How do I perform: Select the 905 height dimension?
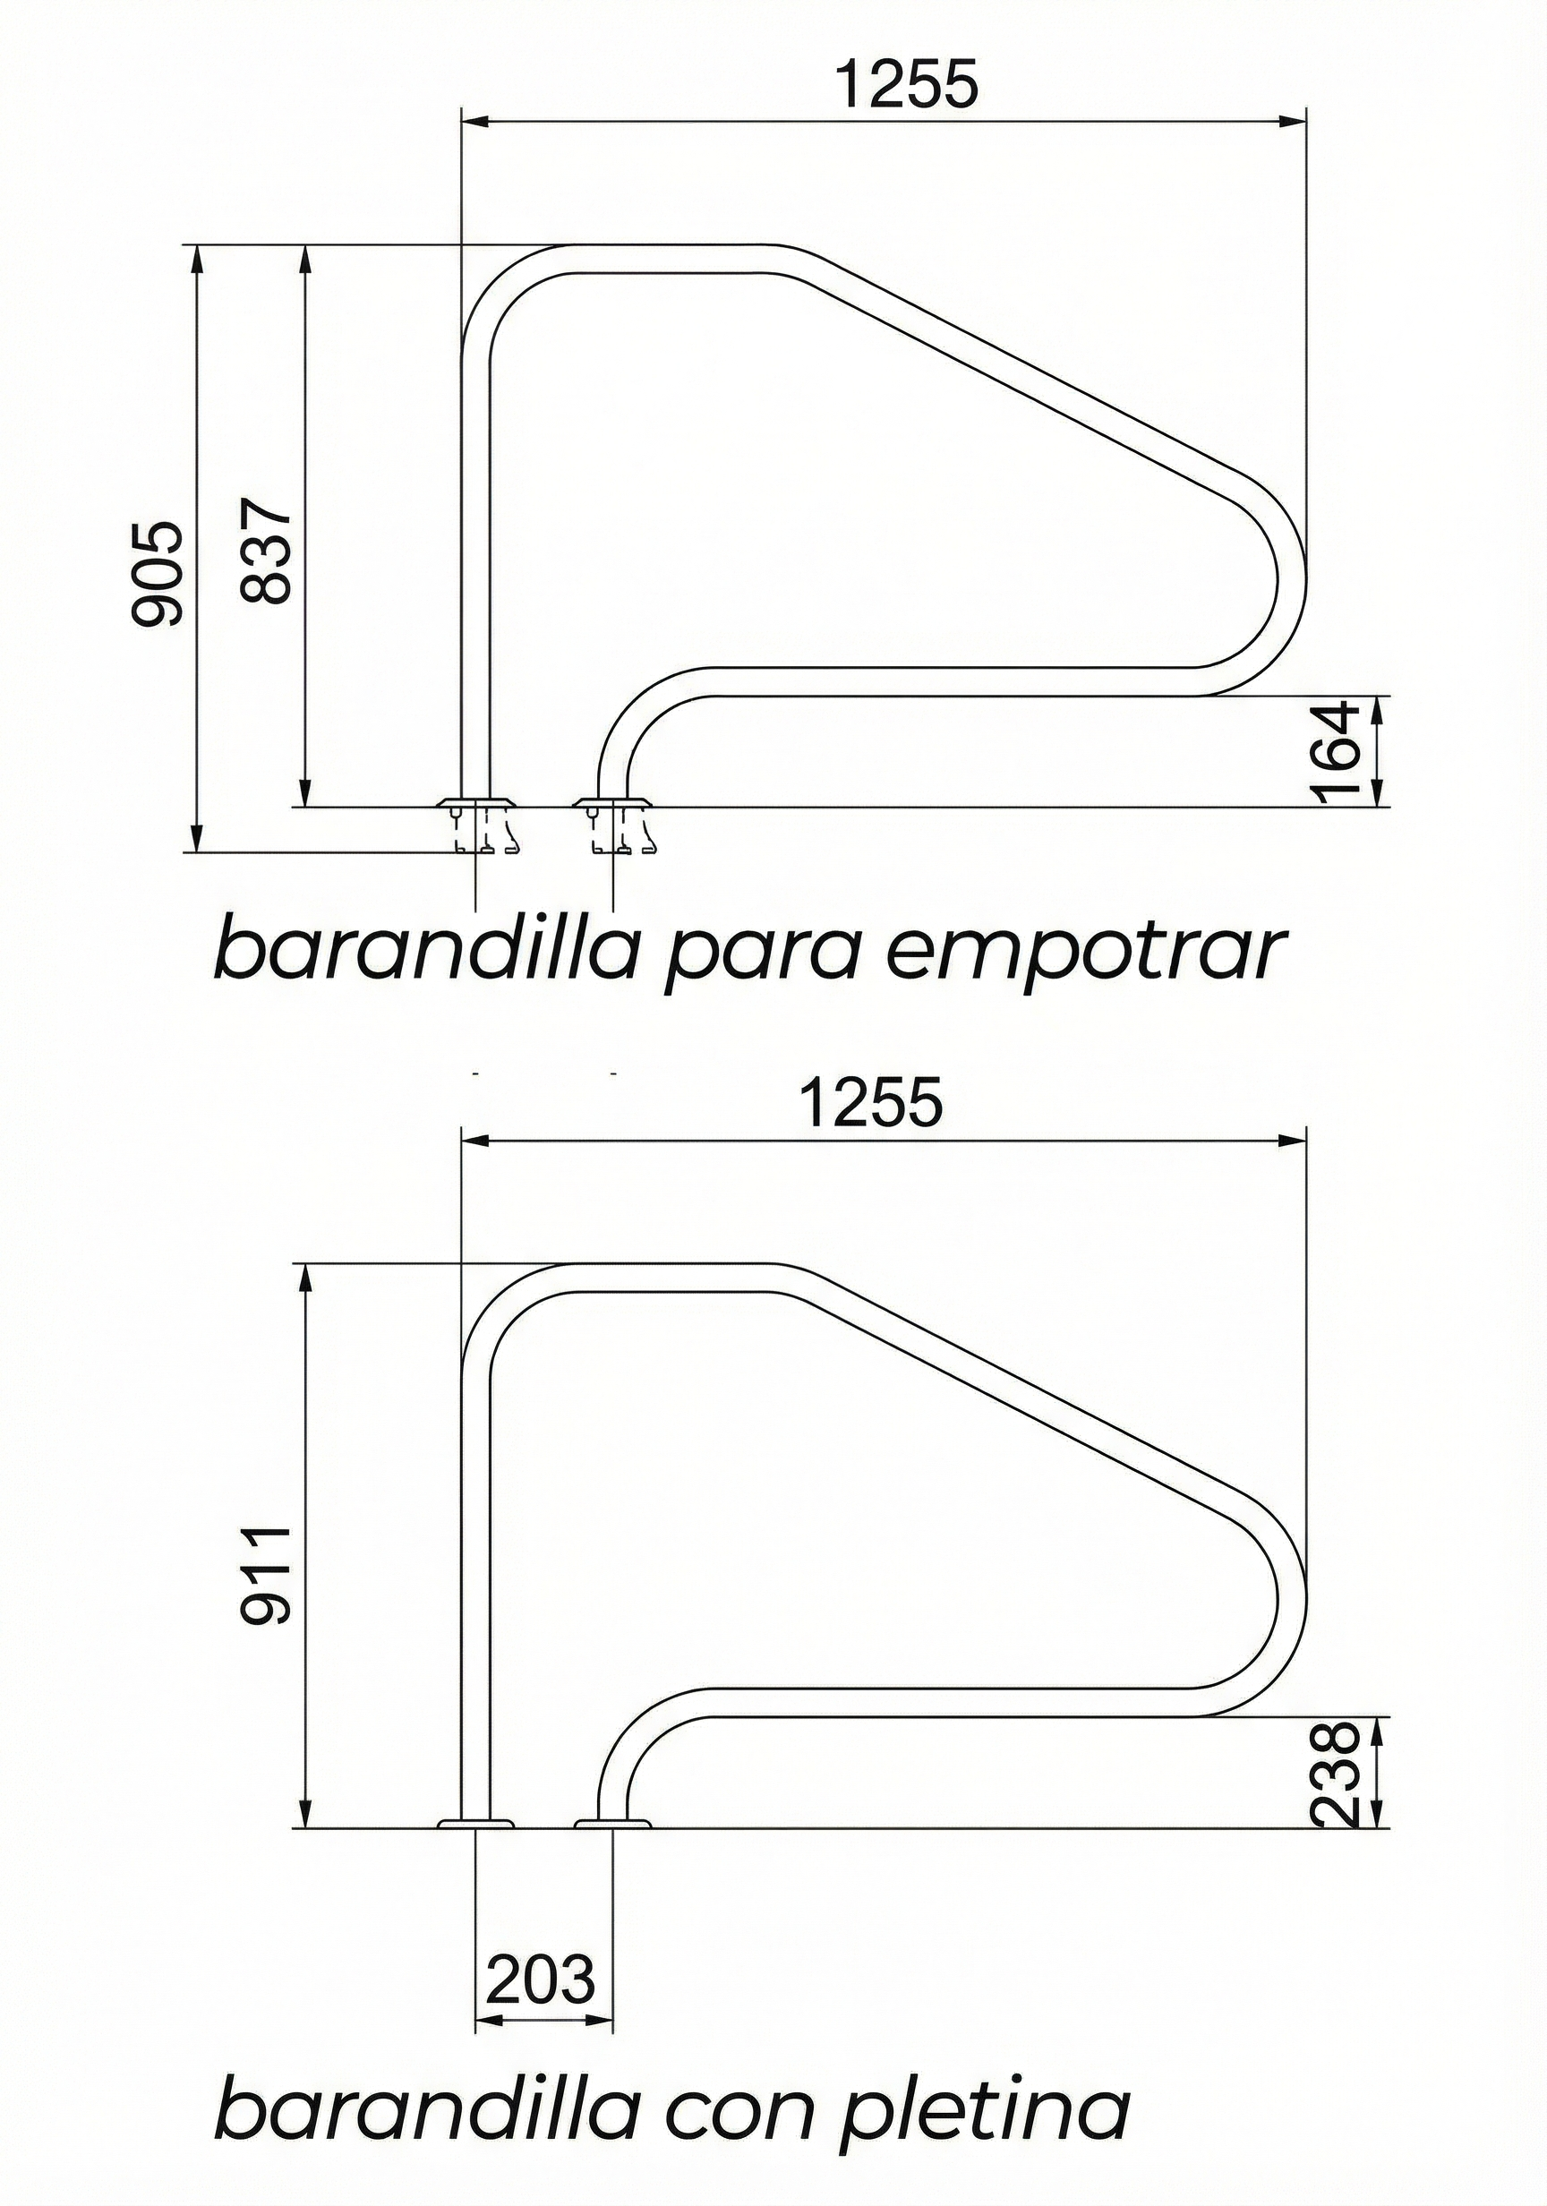(156, 574)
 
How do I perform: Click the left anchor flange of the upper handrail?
(475, 801)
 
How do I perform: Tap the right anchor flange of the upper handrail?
(613, 801)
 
